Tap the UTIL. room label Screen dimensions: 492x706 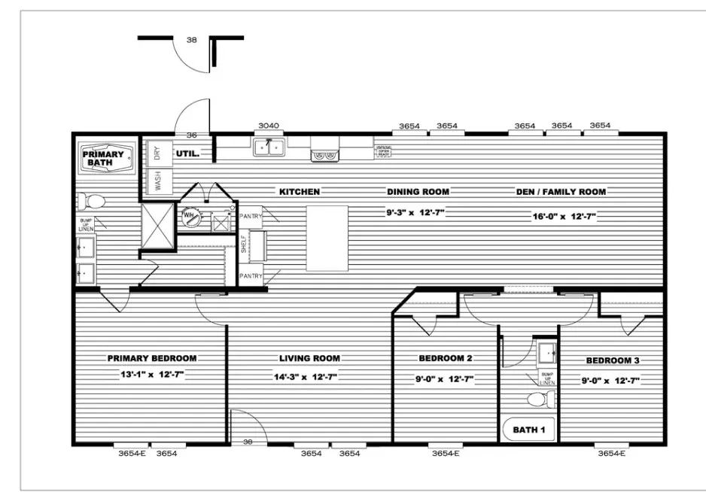coord(187,153)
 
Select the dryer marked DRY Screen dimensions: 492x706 coord(157,153)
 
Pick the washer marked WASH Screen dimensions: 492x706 coord(157,181)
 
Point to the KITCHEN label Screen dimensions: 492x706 coord(300,192)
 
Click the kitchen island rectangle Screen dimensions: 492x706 coord(327,238)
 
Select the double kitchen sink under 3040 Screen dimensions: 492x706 coord(269,147)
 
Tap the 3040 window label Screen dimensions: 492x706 coord(269,126)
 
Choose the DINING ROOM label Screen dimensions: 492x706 coord(418,192)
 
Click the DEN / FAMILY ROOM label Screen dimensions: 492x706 coord(561,192)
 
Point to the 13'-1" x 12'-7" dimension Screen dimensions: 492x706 coord(152,375)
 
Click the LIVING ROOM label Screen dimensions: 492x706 coord(309,358)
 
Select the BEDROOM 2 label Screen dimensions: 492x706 coord(446,358)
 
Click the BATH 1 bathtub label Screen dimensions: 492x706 coord(529,430)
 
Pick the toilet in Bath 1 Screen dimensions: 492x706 coord(537,398)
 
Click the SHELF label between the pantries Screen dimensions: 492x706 coord(244,244)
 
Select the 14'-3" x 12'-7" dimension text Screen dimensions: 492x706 coord(309,378)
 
